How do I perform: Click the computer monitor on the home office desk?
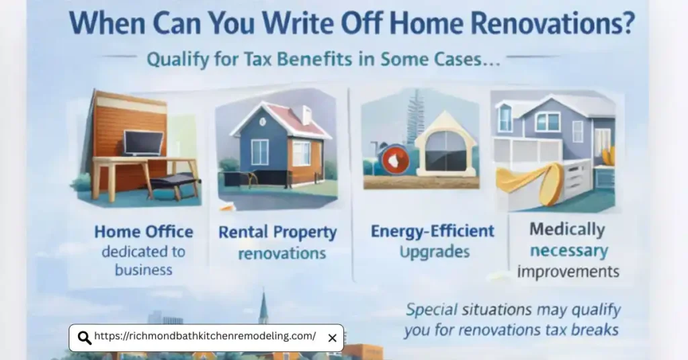tap(143, 142)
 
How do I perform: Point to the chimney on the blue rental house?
tap(306, 114)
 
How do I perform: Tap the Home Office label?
tap(144, 232)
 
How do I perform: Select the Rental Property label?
tap(277, 233)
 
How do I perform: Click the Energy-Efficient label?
tap(433, 232)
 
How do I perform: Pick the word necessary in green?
tap(568, 251)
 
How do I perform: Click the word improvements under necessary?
tap(568, 272)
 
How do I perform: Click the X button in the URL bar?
tap(332, 338)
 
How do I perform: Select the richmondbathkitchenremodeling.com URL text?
tap(205, 336)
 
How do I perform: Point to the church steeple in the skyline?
tap(263, 310)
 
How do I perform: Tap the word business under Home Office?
tap(144, 270)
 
